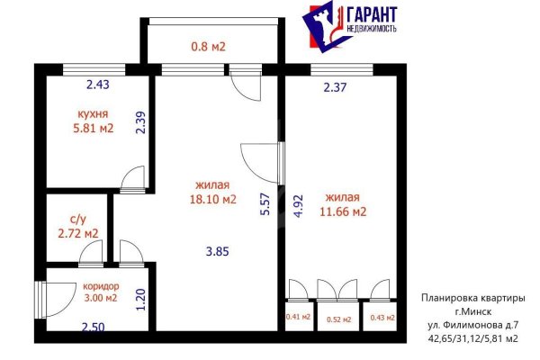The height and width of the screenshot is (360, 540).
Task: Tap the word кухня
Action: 93,114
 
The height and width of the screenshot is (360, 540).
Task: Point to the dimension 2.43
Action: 97,85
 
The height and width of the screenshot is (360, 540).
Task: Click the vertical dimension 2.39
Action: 140,121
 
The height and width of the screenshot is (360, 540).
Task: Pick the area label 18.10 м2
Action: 213,200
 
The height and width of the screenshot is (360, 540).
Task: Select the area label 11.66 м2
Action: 346,212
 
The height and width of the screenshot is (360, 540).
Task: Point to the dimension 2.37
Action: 335,87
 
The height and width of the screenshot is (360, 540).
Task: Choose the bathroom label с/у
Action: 78,219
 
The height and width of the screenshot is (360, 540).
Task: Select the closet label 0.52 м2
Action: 337,319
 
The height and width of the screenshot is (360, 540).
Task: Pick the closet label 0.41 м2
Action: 298,316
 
